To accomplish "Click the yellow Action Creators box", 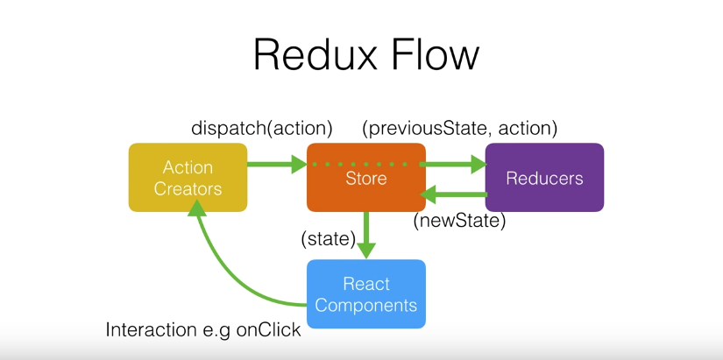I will click(188, 177).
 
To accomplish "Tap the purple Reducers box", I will click(544, 177).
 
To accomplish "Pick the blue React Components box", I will click(365, 294).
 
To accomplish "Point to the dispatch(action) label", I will click(262, 128).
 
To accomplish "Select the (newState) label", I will click(460, 222).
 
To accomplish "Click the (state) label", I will click(328, 238).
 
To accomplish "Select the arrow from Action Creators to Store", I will click(275, 164).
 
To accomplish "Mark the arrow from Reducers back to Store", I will click(454, 194).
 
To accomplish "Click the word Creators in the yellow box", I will click(188, 188).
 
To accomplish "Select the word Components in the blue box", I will click(365, 306).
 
